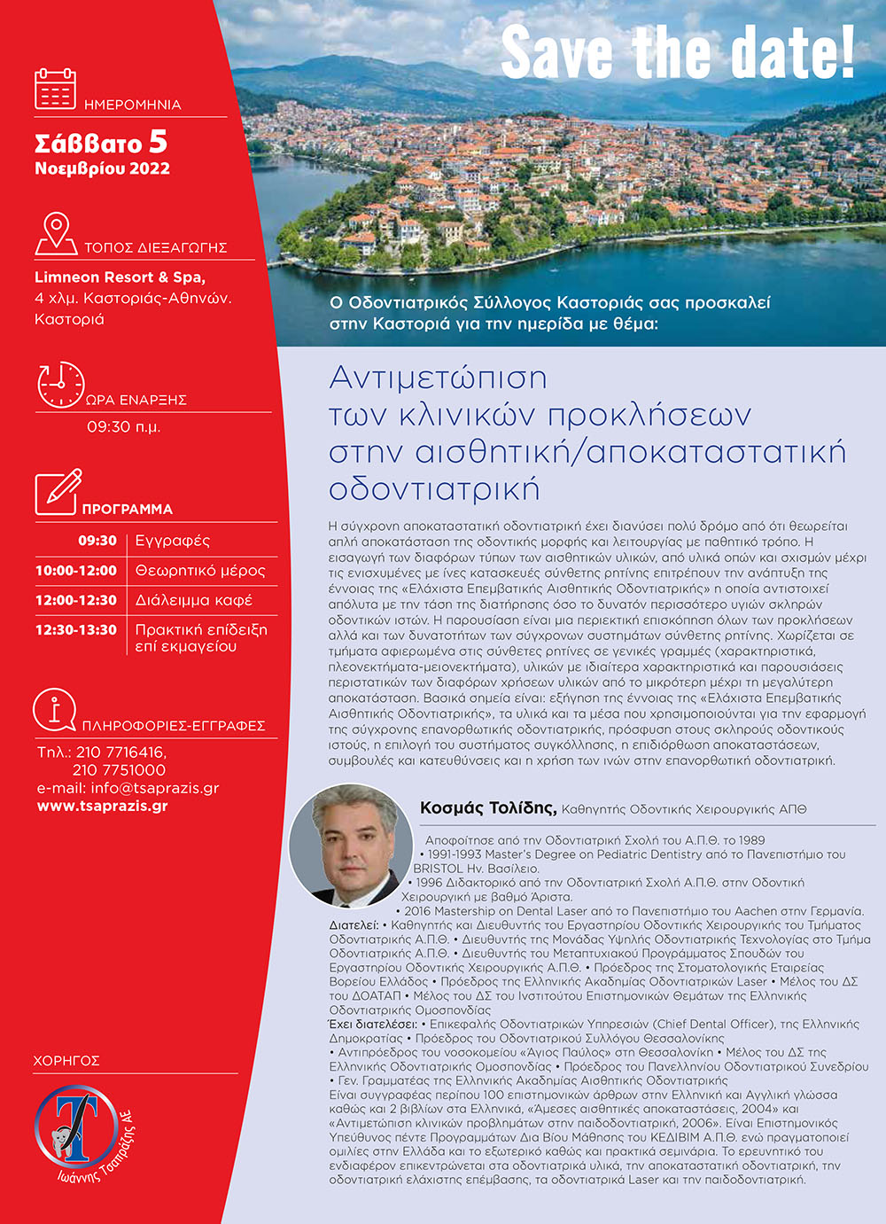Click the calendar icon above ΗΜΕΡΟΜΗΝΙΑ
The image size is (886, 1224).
click(55, 89)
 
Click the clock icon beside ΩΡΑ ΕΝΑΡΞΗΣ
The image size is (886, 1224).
click(60, 386)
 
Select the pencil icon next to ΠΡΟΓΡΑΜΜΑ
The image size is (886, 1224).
click(58, 492)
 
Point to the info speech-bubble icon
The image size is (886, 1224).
click(54, 710)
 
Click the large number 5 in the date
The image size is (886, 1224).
click(158, 142)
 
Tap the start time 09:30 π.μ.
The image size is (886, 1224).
click(123, 427)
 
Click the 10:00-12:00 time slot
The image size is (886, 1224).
click(76, 571)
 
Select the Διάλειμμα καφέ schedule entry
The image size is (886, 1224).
click(193, 600)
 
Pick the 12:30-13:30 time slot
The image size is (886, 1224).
click(76, 630)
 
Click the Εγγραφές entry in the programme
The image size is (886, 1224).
click(172, 541)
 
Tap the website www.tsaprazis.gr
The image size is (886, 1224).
click(102, 807)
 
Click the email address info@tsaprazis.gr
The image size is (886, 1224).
click(128, 788)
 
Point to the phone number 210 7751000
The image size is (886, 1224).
click(119, 770)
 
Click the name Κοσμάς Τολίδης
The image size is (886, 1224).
click(487, 808)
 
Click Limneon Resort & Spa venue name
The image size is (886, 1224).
click(120, 277)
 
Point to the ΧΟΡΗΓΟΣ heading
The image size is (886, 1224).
click(66, 1061)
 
